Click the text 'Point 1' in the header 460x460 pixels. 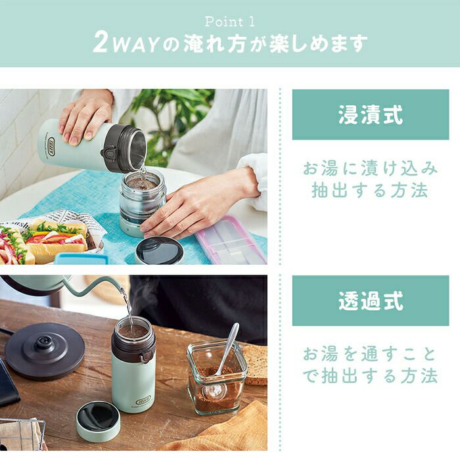230,22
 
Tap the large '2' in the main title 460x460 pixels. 101,43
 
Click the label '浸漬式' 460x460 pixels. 371,115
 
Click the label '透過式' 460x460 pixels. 371,301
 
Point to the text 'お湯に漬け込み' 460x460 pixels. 370,169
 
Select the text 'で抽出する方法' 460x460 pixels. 370,376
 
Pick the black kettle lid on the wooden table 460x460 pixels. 45,350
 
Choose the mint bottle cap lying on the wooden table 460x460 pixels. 98,421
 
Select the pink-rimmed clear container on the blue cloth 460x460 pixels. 231,239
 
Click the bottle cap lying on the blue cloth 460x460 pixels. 159,252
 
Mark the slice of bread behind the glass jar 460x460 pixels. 255,364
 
